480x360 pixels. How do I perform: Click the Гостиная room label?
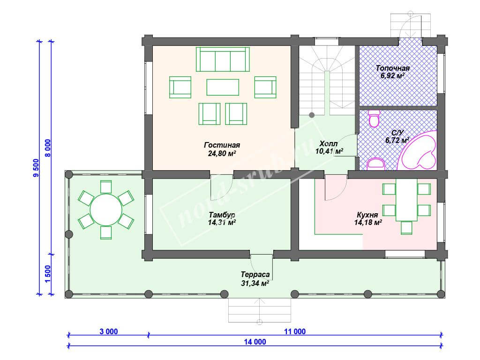click(222, 145)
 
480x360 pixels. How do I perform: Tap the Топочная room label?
click(393, 68)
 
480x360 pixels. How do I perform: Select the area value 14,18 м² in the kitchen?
click(368, 223)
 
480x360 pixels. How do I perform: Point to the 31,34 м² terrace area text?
click(255, 284)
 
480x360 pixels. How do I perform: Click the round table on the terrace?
click(106, 210)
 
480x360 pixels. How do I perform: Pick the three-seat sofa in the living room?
click(223, 59)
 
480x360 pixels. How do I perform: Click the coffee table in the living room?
click(223, 87)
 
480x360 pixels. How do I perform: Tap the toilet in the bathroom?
click(375, 119)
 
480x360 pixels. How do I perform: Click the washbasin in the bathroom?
click(375, 164)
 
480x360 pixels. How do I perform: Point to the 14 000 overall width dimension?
click(255, 342)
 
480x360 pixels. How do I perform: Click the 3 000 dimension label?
click(109, 331)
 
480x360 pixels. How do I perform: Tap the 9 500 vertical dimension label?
click(36, 168)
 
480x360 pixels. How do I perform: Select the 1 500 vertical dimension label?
click(48, 274)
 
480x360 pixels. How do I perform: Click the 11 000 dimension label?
click(295, 331)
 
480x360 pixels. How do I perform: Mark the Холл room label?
click(329, 143)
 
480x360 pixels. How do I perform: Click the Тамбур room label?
click(222, 214)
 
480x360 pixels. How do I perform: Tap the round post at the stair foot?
click(312, 115)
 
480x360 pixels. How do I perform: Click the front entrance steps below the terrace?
click(260, 310)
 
